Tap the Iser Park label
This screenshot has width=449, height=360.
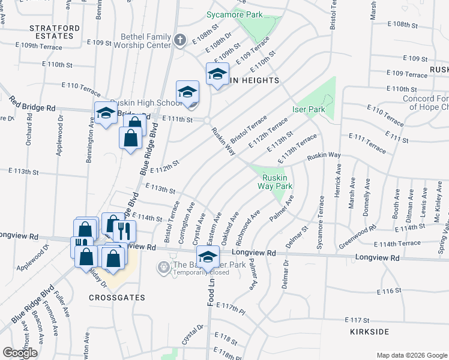tap(309, 110)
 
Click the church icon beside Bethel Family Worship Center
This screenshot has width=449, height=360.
tap(179, 40)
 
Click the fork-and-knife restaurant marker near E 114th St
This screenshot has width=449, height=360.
tap(124, 230)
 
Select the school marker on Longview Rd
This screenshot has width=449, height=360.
tap(208, 257)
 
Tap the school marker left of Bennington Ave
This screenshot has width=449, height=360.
tap(106, 113)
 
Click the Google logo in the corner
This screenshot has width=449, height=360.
tap(20, 353)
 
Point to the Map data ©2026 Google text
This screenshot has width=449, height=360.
tap(411, 355)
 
